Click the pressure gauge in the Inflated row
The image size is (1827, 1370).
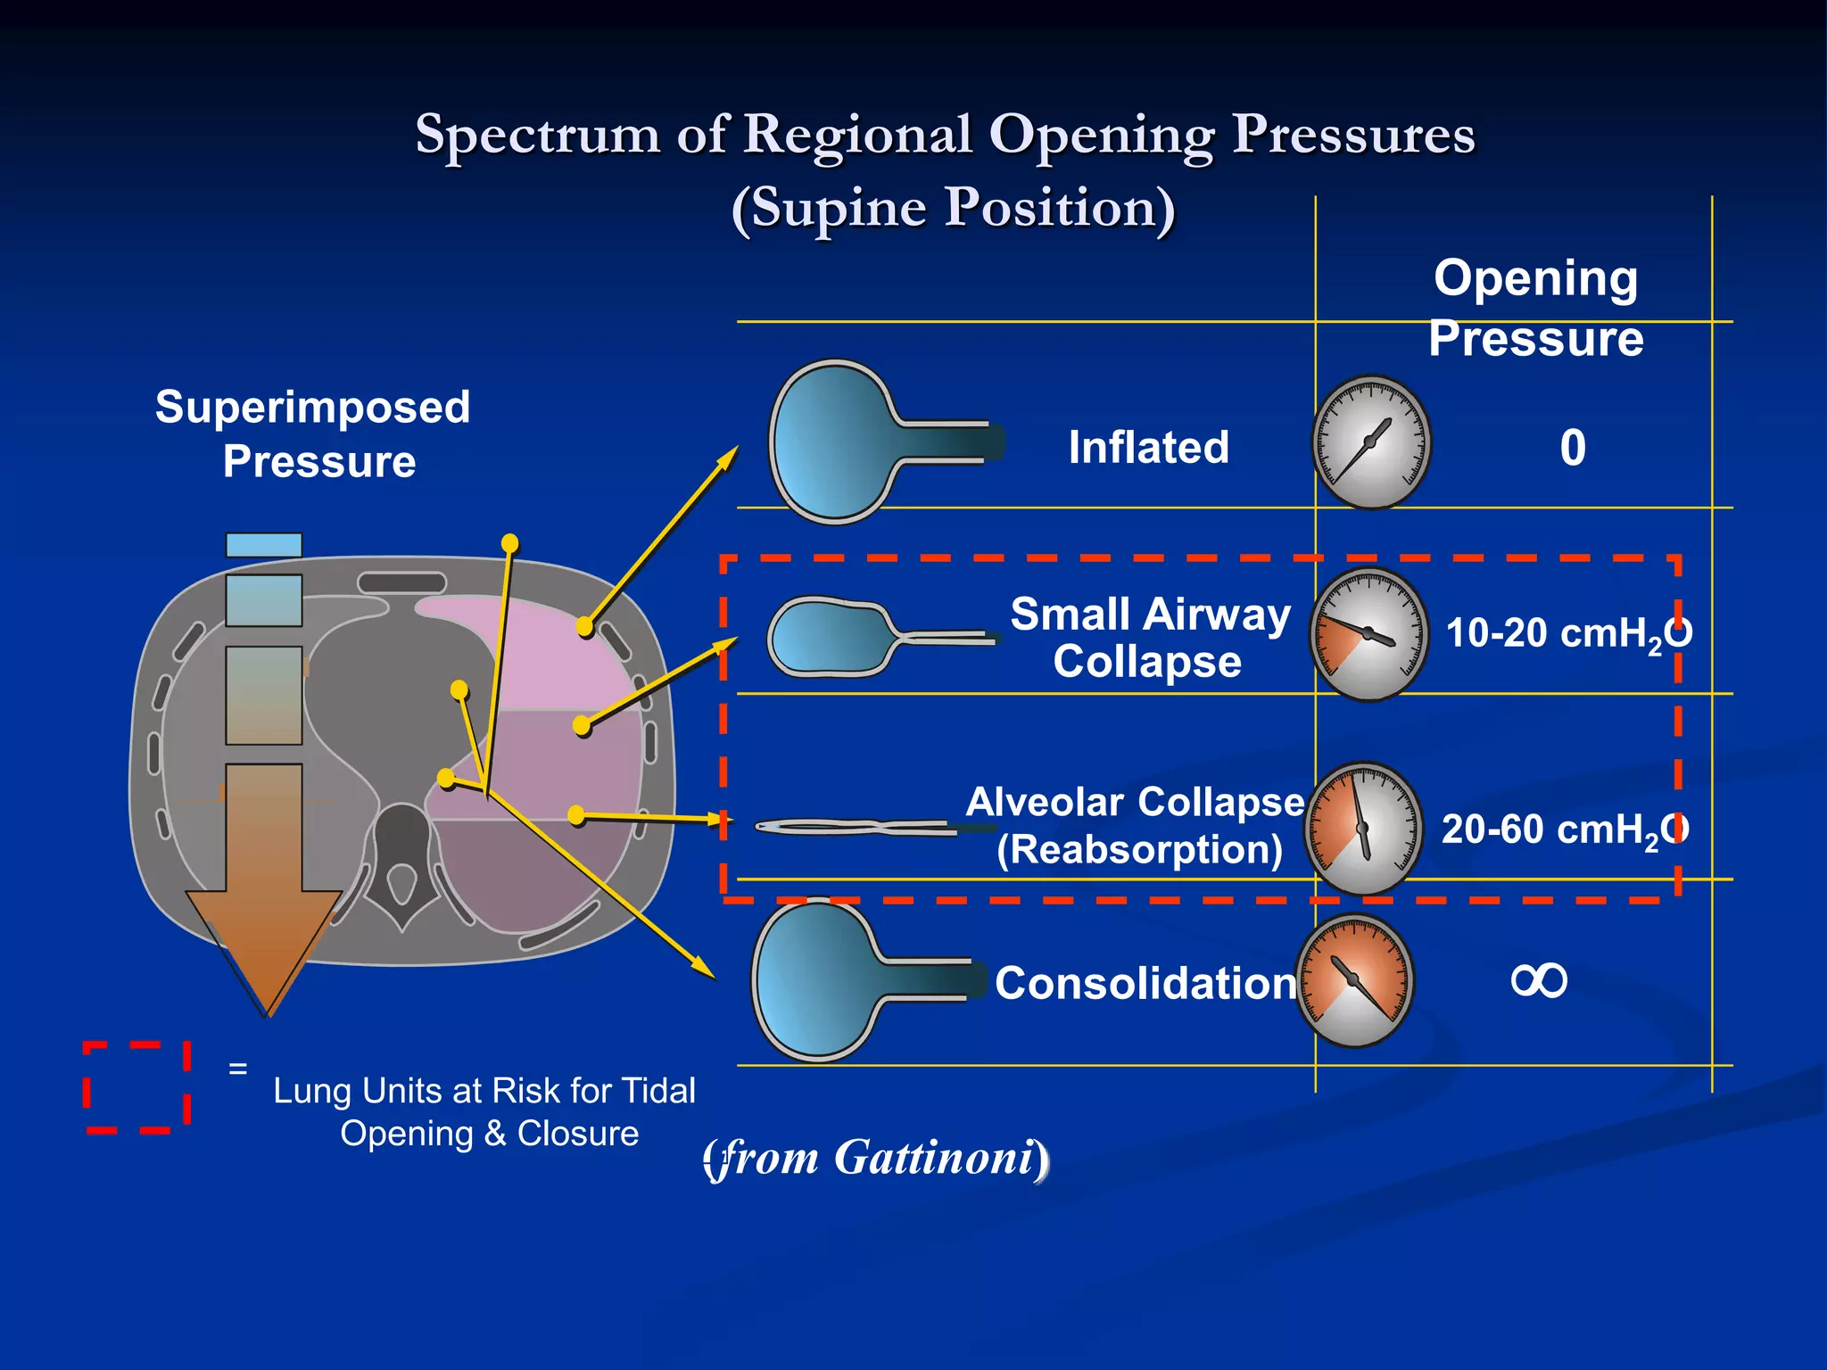pos(1371,442)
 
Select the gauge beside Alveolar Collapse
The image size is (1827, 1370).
pos(1363,829)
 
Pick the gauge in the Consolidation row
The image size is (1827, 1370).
pos(1355,980)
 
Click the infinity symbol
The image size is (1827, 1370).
pos(1539,981)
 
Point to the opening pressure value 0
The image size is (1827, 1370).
pos(1573,448)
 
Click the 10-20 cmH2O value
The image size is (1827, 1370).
pos(1567,634)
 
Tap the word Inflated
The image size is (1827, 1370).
pos(1148,448)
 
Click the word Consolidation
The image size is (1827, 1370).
pos(1145,984)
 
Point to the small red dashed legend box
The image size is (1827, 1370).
pos(137,1086)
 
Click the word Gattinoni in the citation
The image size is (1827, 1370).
pos(933,1158)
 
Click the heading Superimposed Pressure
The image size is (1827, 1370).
pos(313,434)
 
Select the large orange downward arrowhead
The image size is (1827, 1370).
pos(265,945)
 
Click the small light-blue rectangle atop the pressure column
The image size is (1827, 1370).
pos(264,545)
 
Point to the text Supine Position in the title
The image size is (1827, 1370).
pos(953,208)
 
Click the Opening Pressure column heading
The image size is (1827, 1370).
pos(1535,308)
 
